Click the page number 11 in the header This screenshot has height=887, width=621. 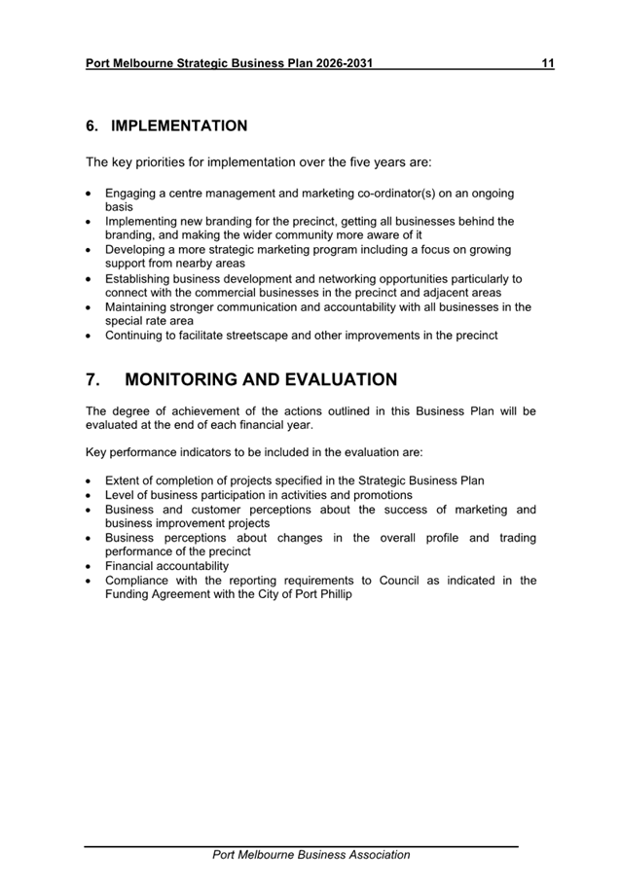pyautogui.click(x=548, y=64)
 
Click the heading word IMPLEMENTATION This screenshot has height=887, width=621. pyautogui.click(x=179, y=126)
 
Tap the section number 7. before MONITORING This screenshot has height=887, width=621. pyautogui.click(x=94, y=380)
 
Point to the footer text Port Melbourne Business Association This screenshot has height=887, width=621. pyautogui.click(x=311, y=855)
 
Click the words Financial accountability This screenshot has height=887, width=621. pyautogui.click(x=167, y=565)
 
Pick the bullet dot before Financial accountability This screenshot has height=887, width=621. pyautogui.click(x=91, y=566)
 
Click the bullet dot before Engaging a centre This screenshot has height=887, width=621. pyautogui.click(x=91, y=195)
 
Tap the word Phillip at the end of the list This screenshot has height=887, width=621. pyautogui.click(x=333, y=593)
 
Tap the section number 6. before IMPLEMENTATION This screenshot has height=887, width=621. pyautogui.click(x=92, y=126)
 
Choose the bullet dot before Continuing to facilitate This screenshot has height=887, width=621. pyautogui.click(x=91, y=337)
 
